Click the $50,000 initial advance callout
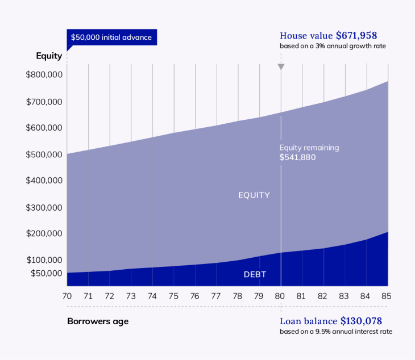[111, 37]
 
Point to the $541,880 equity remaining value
[297, 157]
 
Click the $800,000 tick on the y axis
[44, 74]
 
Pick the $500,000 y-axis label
[44, 154]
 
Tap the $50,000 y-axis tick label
[46, 273]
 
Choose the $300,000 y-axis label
[44, 207]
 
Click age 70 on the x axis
[67, 296]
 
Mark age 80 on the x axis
[280, 296]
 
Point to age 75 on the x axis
[174, 296]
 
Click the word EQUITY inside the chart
[254, 195]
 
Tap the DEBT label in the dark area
[255, 275]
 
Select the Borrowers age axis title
[98, 321]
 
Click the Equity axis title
[49, 56]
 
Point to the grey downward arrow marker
[281, 67]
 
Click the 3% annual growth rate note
[333, 46]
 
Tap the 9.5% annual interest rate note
[335, 332]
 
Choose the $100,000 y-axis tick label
[44, 260]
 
